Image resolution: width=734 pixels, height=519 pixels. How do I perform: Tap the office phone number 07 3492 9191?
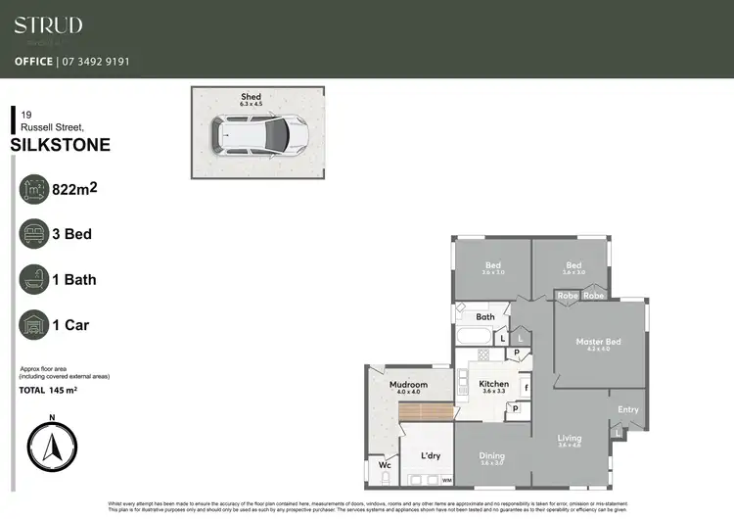click(x=95, y=61)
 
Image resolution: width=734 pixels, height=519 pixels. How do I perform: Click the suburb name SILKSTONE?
click(x=60, y=146)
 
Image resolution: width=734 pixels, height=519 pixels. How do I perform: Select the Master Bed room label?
click(x=598, y=341)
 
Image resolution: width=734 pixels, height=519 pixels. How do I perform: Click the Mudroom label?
click(x=409, y=385)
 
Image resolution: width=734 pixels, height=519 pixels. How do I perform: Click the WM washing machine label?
click(x=446, y=481)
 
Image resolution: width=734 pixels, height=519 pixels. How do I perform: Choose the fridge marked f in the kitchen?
click(x=526, y=388)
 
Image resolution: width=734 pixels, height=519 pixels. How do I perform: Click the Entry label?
click(x=627, y=409)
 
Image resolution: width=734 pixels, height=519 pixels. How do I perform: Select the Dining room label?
click(x=492, y=456)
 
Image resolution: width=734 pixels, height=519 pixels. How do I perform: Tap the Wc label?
click(x=385, y=466)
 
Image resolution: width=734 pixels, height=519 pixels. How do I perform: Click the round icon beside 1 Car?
click(x=35, y=325)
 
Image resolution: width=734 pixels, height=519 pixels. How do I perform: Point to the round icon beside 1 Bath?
click(x=35, y=279)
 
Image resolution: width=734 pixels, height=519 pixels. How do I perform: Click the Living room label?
click(x=570, y=438)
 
